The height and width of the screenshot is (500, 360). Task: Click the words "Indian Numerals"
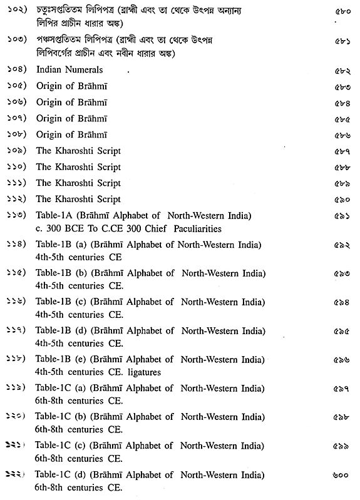click(x=69, y=70)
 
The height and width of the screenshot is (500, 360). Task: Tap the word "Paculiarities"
click(x=198, y=228)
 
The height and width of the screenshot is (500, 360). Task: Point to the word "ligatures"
click(x=143, y=372)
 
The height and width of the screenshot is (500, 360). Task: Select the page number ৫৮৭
click(x=342, y=151)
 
